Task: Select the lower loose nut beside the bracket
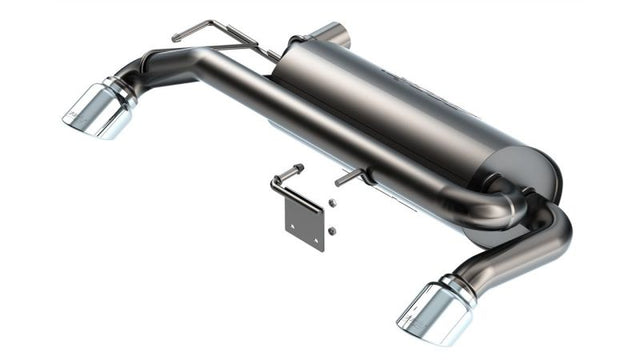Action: click(x=331, y=231)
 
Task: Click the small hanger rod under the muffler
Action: click(x=350, y=177)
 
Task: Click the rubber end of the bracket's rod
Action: click(x=299, y=167)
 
